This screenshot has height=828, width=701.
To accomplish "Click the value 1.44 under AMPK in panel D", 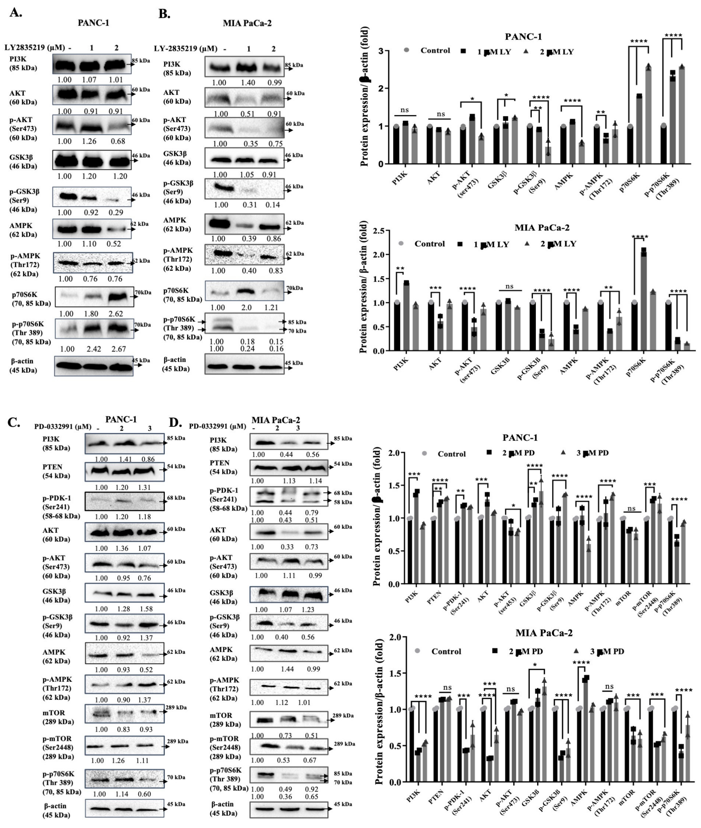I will point(287,669).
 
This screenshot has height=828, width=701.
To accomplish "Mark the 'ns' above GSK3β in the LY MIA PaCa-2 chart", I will point(509,286).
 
